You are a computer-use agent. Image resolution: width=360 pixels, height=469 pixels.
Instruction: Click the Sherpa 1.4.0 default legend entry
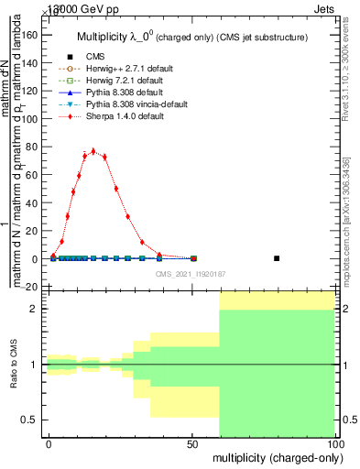pyautogui.click(x=118, y=118)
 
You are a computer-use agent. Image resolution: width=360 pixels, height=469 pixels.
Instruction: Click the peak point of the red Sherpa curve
pyautogui.click(x=93, y=151)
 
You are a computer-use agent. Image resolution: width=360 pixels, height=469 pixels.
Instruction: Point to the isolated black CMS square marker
pyautogui.click(x=277, y=258)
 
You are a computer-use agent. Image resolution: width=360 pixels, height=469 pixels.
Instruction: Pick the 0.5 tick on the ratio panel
pyautogui.click(x=30, y=420)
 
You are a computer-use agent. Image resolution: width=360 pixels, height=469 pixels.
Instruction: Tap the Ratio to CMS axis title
pyautogui.click(x=13, y=365)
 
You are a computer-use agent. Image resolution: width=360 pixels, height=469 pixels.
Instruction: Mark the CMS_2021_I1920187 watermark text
pyautogui.click(x=191, y=274)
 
